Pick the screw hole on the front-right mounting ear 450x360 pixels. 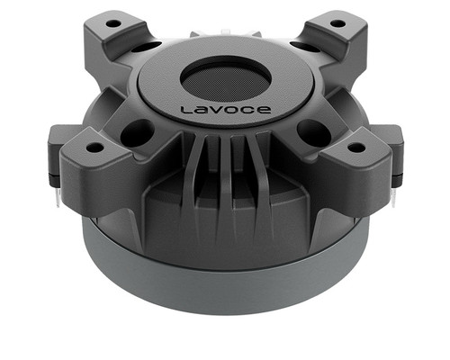356,146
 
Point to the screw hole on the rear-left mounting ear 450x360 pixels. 112,22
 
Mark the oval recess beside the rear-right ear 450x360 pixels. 303,45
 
